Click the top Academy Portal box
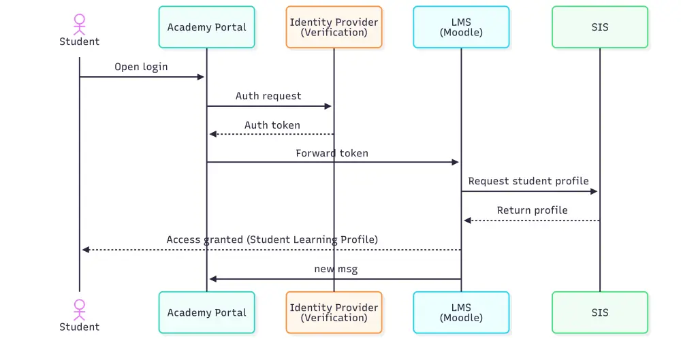click(x=207, y=27)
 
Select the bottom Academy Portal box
click(x=207, y=312)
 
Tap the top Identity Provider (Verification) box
click(x=334, y=27)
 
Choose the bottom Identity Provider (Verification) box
click(x=334, y=312)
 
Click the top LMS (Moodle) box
click(x=461, y=27)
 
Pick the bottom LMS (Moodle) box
click(x=461, y=312)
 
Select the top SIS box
click(x=600, y=27)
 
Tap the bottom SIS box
click(x=600, y=312)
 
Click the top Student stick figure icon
click(x=80, y=23)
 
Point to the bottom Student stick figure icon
click(x=80, y=309)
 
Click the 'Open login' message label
click(x=141, y=67)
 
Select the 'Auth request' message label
click(x=268, y=96)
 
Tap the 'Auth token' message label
click(x=272, y=125)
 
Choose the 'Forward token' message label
click(x=332, y=153)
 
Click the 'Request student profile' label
click(x=528, y=182)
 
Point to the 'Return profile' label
click(x=532, y=210)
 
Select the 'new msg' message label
click(x=336, y=269)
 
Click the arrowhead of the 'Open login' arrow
click(x=201, y=77)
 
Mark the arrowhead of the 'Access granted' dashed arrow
click(x=86, y=250)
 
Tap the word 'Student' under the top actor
click(x=80, y=42)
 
